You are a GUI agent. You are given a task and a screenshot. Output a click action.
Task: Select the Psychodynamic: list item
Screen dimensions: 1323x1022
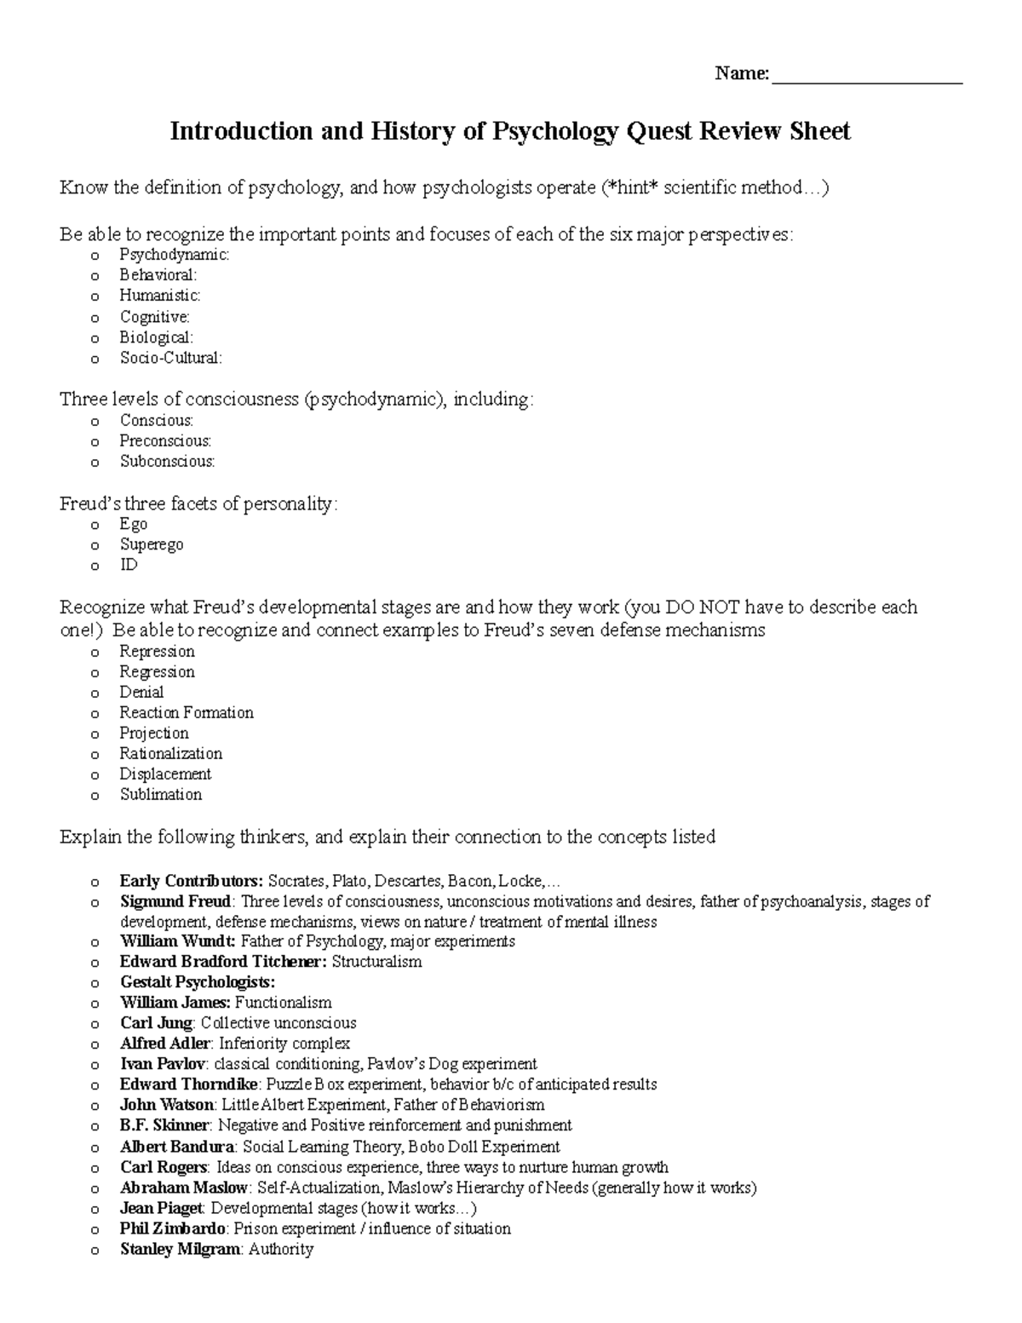tap(174, 255)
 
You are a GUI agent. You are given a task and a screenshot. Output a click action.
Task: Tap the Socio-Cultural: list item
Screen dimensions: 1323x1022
tap(170, 358)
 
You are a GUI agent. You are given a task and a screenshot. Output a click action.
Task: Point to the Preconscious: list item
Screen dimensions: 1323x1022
tap(165, 440)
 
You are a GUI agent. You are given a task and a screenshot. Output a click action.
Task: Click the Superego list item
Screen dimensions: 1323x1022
tap(151, 544)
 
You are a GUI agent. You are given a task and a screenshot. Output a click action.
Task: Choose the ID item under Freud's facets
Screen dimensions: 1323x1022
tap(129, 565)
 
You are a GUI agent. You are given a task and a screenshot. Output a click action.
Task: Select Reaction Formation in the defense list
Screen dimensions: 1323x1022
tap(186, 712)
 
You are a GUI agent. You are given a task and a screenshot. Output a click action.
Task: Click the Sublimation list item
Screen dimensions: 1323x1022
tap(160, 794)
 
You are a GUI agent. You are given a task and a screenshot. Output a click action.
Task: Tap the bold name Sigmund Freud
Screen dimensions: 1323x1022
tap(175, 900)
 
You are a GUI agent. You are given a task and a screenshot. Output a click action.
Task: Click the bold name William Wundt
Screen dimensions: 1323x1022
tap(176, 941)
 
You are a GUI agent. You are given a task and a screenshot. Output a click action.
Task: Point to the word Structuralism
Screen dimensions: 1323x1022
tap(376, 962)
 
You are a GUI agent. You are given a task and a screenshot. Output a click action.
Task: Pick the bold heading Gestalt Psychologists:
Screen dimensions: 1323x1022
tap(198, 982)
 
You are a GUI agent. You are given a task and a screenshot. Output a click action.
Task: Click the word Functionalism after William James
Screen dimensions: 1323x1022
tap(283, 1003)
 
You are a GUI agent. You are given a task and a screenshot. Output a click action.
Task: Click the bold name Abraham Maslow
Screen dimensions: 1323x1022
tap(183, 1188)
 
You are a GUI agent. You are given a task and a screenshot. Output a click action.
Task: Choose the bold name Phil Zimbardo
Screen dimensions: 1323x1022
tap(173, 1228)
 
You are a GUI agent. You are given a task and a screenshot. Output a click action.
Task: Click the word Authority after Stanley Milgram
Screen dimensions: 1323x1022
tap(280, 1249)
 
